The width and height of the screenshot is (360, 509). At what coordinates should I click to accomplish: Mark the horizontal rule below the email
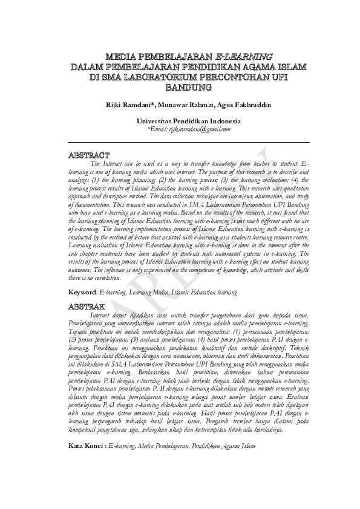click(189, 142)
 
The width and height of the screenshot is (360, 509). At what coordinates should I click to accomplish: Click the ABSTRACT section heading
click(90, 155)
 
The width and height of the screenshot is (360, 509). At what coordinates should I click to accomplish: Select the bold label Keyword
click(83, 292)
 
